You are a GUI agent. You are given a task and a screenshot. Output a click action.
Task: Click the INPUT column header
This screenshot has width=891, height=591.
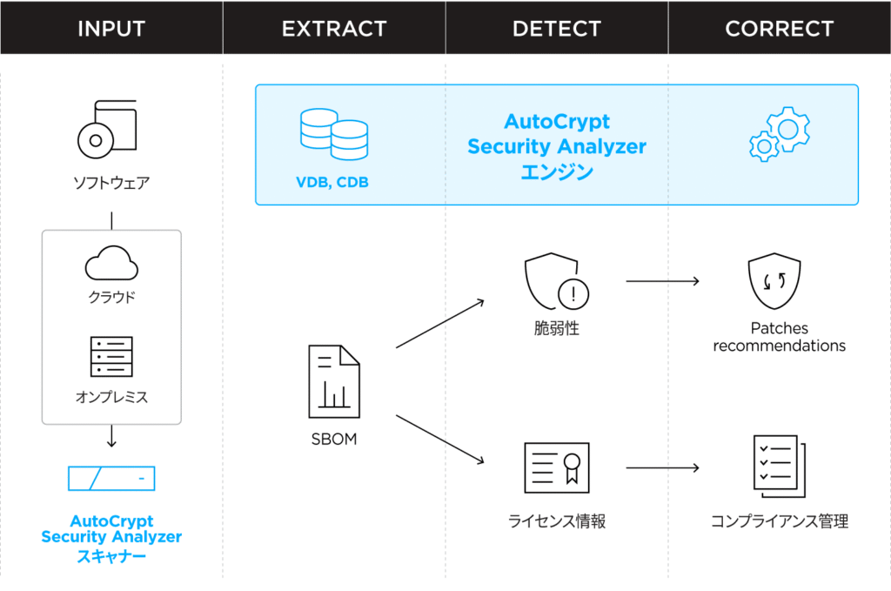click(111, 28)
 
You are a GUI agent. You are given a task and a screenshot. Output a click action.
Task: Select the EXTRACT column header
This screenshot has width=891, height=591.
click(334, 28)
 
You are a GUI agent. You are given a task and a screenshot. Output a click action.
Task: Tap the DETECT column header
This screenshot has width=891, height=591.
click(557, 28)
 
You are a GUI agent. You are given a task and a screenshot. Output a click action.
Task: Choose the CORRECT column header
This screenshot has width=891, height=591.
click(779, 28)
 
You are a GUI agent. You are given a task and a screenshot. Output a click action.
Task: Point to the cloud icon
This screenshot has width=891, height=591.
click(111, 262)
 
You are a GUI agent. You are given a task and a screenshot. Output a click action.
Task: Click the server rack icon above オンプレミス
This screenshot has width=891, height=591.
click(111, 356)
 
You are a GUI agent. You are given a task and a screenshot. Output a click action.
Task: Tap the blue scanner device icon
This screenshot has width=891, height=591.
click(111, 478)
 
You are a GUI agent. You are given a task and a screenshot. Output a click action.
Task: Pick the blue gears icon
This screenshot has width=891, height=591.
click(779, 134)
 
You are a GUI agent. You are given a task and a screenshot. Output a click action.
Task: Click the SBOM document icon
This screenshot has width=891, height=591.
click(334, 380)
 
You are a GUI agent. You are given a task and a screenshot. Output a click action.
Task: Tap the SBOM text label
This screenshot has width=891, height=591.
click(334, 439)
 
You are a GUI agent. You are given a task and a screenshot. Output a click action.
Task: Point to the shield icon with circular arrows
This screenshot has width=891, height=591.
click(774, 281)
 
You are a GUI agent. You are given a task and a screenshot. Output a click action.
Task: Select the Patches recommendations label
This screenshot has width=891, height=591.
click(779, 337)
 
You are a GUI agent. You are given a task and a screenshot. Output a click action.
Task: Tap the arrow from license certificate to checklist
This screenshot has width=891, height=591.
click(662, 467)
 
